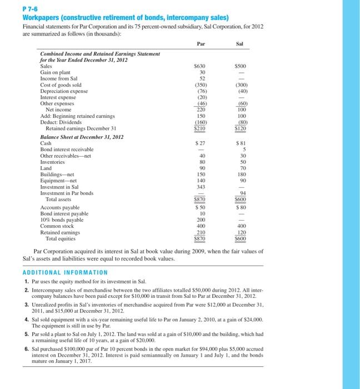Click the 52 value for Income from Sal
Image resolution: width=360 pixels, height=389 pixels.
point(202,78)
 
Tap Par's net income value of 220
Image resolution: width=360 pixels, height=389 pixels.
point(201,109)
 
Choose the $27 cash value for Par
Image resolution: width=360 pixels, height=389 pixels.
point(201,143)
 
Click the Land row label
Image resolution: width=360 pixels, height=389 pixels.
point(46,168)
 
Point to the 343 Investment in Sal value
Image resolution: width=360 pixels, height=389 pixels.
point(201,186)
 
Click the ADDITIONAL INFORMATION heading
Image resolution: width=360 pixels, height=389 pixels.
point(65,272)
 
